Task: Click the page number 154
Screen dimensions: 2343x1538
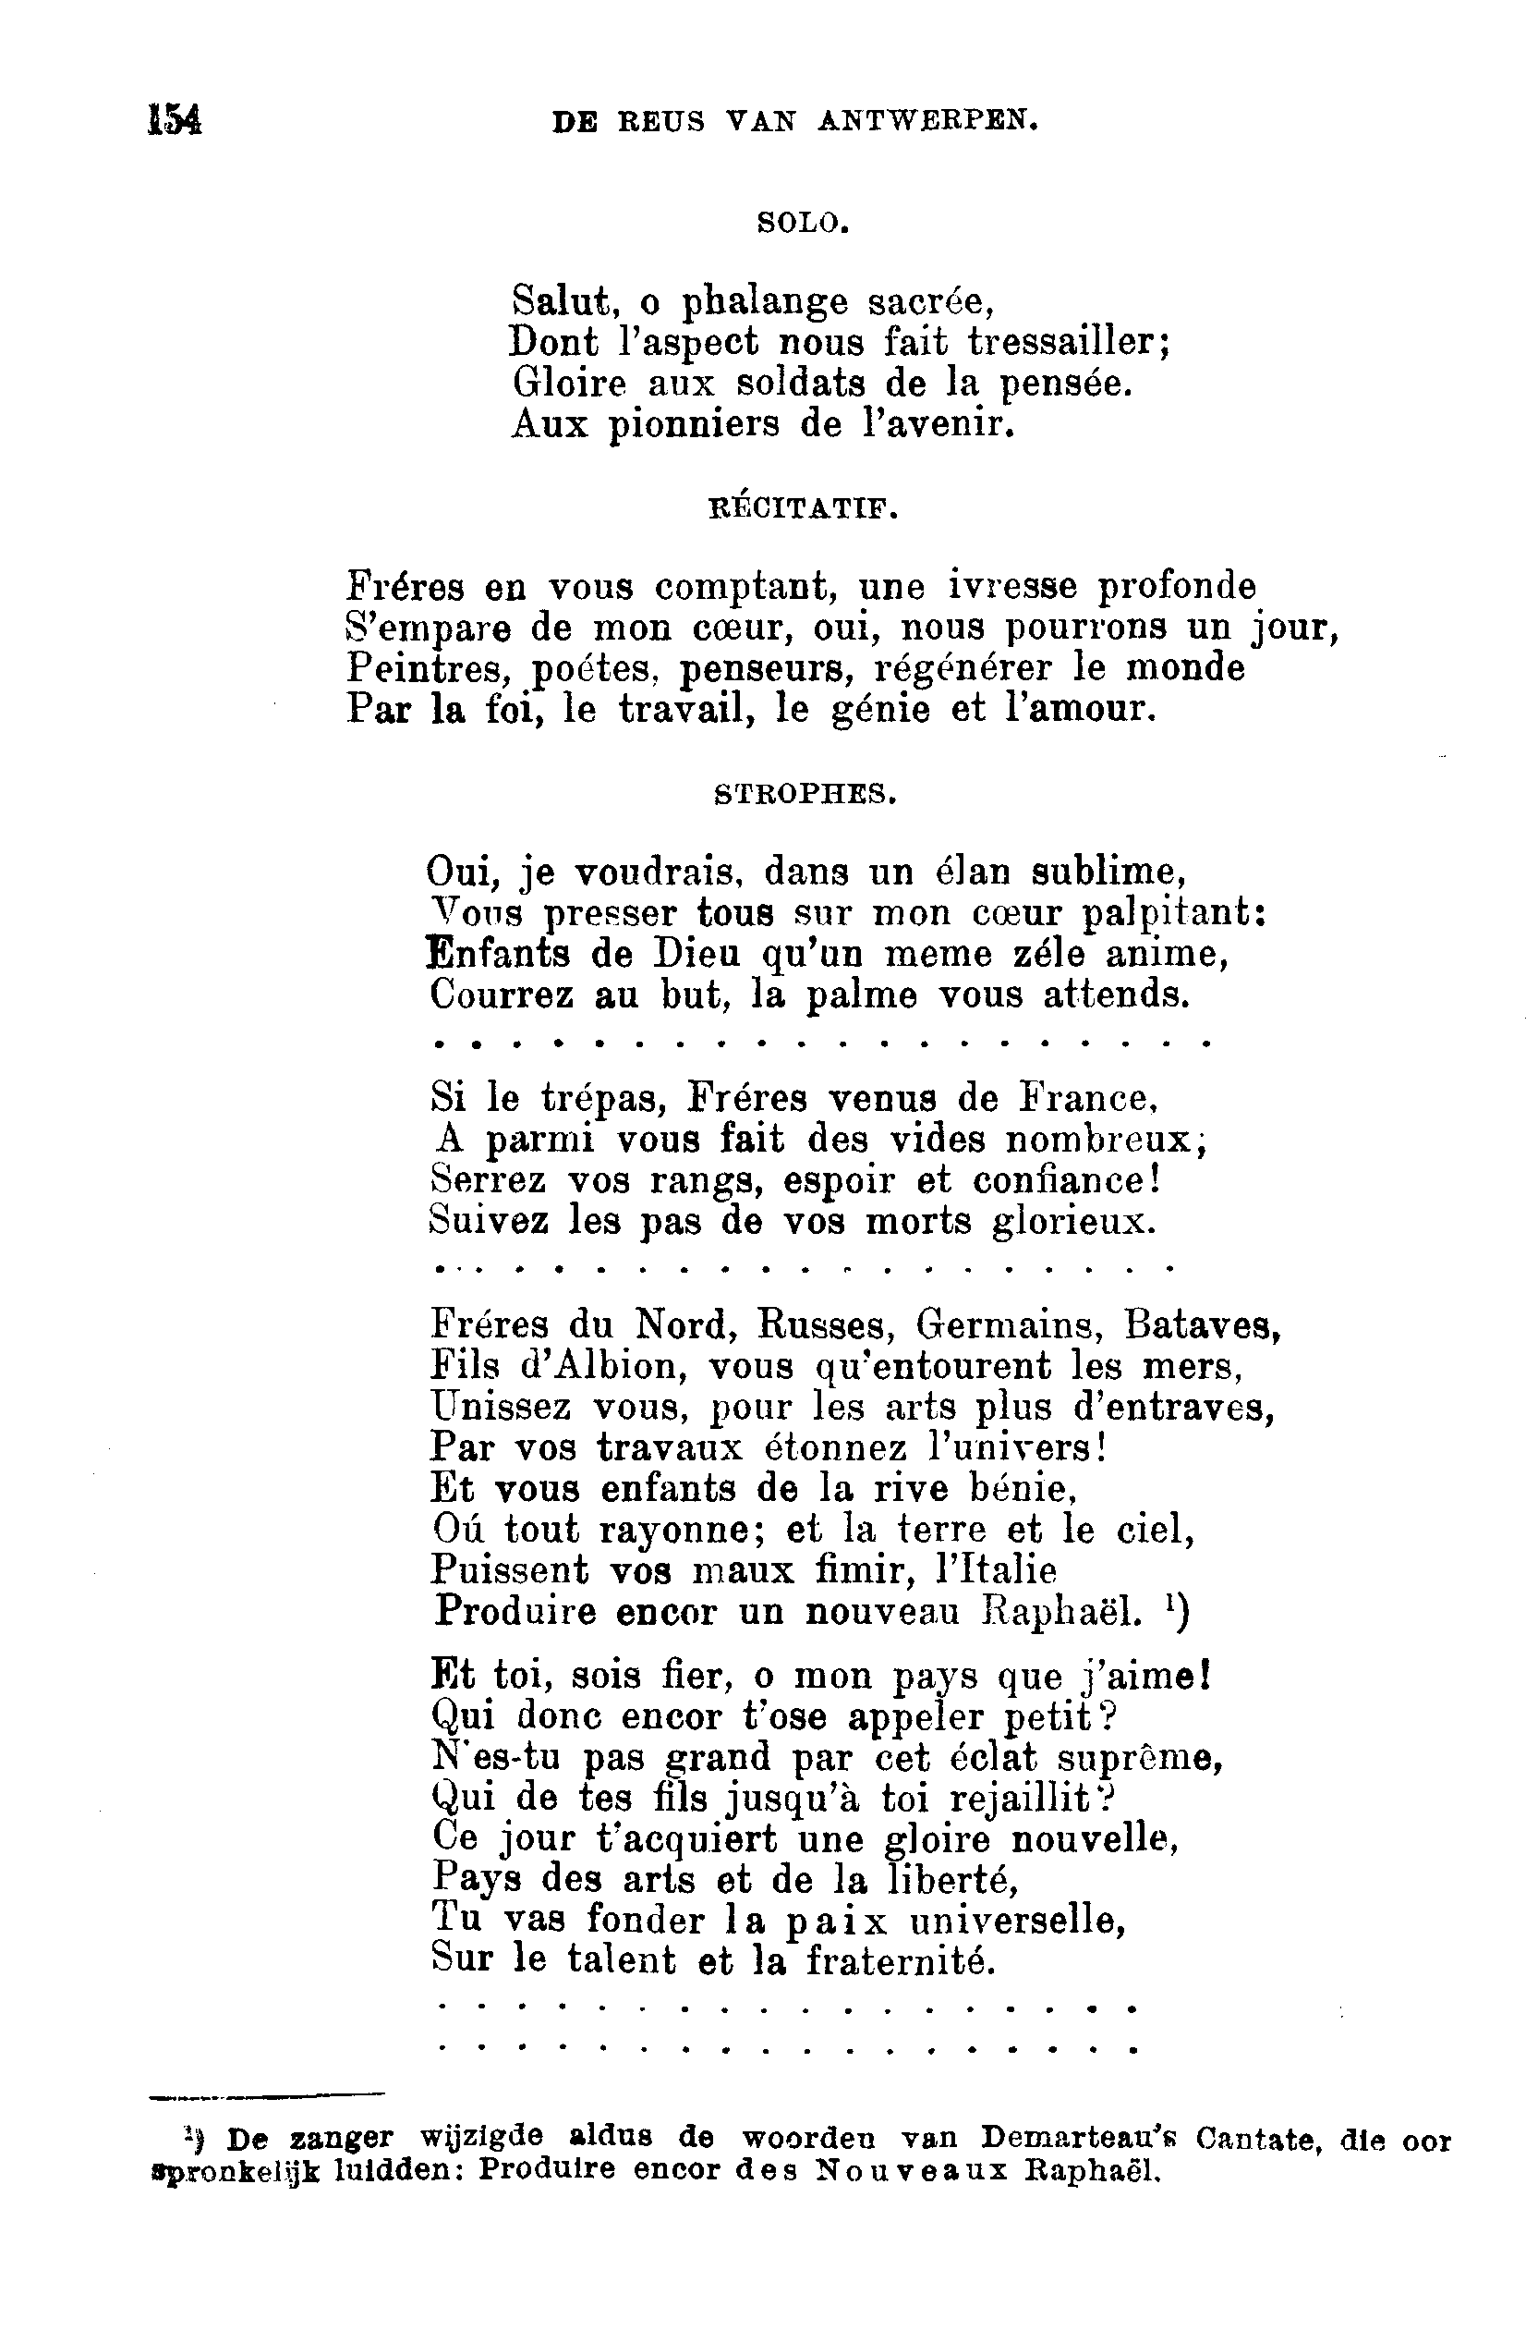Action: (175, 120)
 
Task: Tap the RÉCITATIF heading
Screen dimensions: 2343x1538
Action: (803, 509)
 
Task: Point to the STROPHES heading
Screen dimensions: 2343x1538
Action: (804, 793)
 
